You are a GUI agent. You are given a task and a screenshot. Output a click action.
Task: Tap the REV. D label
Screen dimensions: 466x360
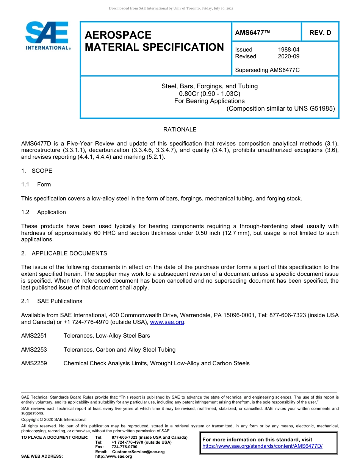(x=320, y=33)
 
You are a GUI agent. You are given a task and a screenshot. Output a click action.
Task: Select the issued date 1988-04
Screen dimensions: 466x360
(x=288, y=50)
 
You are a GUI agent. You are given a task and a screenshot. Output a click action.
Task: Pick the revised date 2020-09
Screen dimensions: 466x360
(x=288, y=56)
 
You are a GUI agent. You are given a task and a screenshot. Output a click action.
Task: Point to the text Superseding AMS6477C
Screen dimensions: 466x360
(x=267, y=70)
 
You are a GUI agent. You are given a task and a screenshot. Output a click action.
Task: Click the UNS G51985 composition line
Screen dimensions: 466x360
(x=280, y=108)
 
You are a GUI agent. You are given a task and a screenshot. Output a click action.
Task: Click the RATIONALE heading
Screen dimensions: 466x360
(x=180, y=130)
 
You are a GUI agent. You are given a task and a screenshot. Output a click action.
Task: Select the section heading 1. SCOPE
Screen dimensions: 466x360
(x=37, y=171)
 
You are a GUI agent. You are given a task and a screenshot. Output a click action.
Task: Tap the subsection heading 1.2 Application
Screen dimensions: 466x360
(x=44, y=212)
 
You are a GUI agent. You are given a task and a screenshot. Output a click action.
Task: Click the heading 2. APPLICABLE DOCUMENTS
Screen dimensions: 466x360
(x=64, y=253)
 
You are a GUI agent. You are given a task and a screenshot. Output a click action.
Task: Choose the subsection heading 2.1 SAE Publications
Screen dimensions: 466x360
(x=52, y=301)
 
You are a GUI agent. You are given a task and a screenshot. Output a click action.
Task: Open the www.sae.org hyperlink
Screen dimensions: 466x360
(x=167, y=322)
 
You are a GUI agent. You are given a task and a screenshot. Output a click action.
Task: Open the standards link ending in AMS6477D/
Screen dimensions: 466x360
(x=262, y=446)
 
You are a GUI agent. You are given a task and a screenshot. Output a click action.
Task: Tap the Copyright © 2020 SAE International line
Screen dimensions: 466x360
(x=54, y=419)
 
